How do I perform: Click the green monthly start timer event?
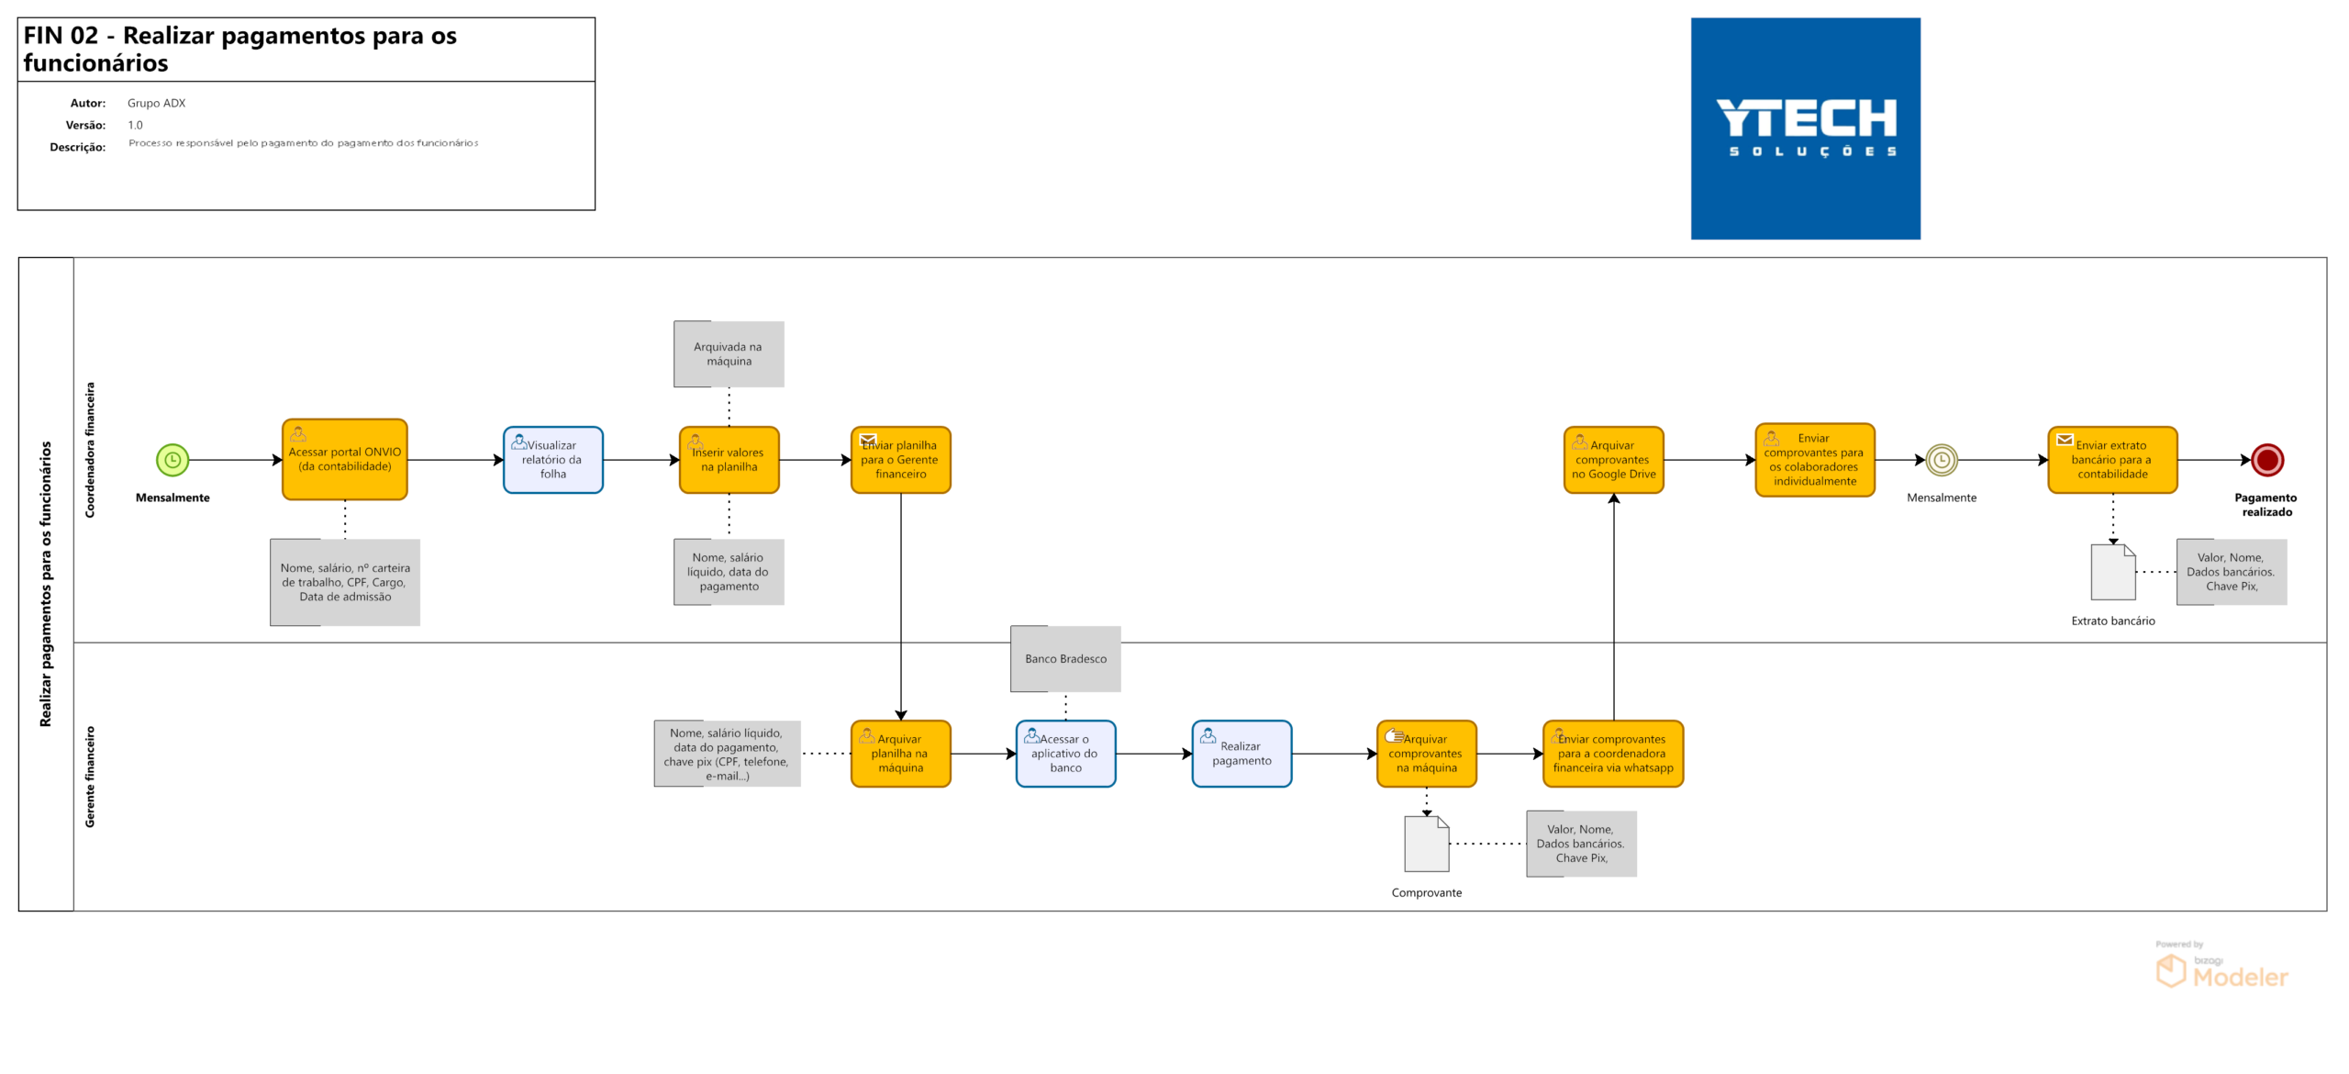(x=173, y=460)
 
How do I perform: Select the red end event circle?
(x=2267, y=460)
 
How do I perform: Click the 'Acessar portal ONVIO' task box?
(x=345, y=459)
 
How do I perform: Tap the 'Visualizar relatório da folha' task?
(x=553, y=460)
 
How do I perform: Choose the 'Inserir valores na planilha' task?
(x=729, y=460)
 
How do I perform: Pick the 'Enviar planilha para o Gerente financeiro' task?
(x=901, y=460)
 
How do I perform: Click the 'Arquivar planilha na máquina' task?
(x=901, y=754)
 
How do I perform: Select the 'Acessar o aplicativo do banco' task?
(x=1066, y=754)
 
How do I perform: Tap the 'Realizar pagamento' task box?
(x=1242, y=754)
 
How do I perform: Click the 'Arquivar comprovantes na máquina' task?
(x=1427, y=754)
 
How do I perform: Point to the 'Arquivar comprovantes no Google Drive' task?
(x=1614, y=460)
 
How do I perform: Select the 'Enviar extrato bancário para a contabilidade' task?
(x=2113, y=460)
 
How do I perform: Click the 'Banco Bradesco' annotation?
(x=1066, y=659)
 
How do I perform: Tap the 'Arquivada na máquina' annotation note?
(x=729, y=354)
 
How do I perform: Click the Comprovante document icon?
(x=1427, y=844)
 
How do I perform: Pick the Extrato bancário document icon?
(x=2113, y=572)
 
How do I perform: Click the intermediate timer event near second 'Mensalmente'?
(x=1942, y=460)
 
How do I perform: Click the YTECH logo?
(x=1806, y=129)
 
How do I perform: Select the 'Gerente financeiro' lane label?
(x=90, y=777)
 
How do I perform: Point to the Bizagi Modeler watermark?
(x=2221, y=966)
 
